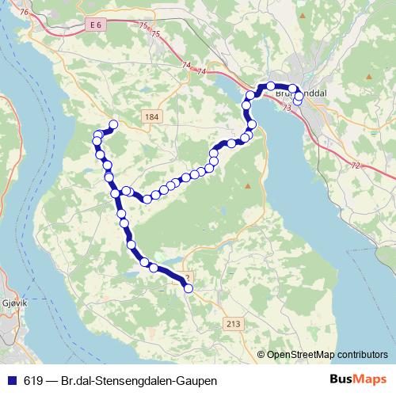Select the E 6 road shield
click(x=97, y=25)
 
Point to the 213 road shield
click(x=233, y=323)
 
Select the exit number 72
click(x=356, y=165)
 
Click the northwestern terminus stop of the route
click(x=113, y=124)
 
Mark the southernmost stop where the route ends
click(x=188, y=289)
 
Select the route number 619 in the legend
click(x=32, y=381)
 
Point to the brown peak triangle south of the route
click(x=248, y=186)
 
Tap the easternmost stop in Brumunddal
click(x=298, y=101)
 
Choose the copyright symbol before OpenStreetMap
click(x=261, y=355)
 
